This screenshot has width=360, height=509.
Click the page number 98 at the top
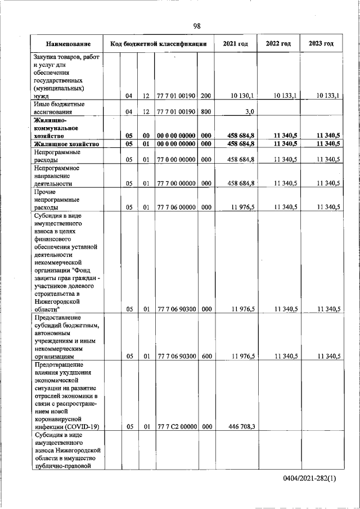(197, 26)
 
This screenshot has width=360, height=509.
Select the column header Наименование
(68, 43)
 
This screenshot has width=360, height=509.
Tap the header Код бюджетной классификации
(159, 43)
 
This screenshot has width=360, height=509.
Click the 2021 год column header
(235, 43)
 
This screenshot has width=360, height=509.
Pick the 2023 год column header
(321, 43)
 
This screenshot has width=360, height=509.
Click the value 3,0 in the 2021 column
(250, 111)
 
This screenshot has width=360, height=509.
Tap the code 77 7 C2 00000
(176, 427)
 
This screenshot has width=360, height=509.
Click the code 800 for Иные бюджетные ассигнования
(206, 111)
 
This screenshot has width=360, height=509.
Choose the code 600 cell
(206, 356)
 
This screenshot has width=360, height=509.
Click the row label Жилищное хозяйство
(66, 144)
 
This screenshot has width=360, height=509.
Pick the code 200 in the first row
(206, 96)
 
